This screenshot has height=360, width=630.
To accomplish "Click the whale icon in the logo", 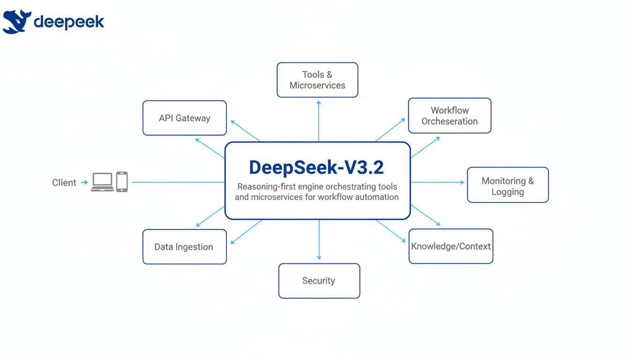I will pyautogui.click(x=16, y=22).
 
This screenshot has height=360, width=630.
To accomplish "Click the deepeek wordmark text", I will pyautogui.click(x=69, y=22).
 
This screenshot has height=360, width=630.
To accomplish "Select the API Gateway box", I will pyautogui.click(x=185, y=118).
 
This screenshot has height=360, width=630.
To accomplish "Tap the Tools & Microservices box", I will pyautogui.click(x=317, y=80).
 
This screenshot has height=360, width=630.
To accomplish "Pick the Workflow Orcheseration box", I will pyautogui.click(x=450, y=116).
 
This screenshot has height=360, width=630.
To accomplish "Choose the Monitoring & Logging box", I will pyautogui.click(x=508, y=185).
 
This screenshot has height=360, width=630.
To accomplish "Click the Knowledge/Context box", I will pyautogui.click(x=450, y=247).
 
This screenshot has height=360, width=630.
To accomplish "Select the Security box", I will pyautogui.click(x=319, y=281).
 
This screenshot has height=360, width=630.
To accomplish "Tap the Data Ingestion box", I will pyautogui.click(x=184, y=247).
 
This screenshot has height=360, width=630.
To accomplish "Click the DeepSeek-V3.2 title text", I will pyautogui.click(x=316, y=167).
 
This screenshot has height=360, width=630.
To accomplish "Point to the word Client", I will pyautogui.click(x=64, y=183).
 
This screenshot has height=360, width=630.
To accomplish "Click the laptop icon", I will pyautogui.click(x=102, y=182).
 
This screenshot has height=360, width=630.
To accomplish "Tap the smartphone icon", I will pyautogui.click(x=122, y=182).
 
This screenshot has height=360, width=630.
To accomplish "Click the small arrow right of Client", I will pyautogui.click(x=84, y=182).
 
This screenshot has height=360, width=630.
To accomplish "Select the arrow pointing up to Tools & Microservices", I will pyautogui.click(x=319, y=120).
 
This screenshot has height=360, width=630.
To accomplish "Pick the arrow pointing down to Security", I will pyautogui.click(x=319, y=240).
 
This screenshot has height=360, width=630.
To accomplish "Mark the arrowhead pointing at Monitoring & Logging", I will pyautogui.click(x=462, y=182).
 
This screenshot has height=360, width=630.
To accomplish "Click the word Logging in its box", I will pyautogui.click(x=508, y=192).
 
